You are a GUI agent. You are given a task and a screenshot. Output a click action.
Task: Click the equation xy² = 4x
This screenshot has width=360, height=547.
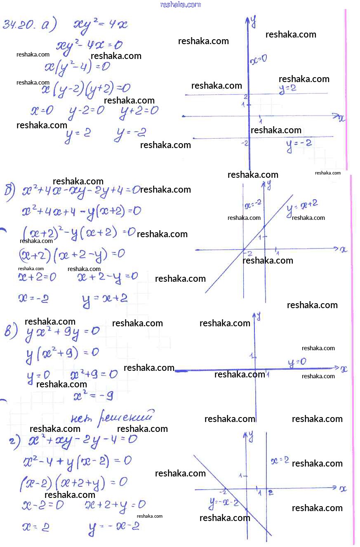tap(101, 24)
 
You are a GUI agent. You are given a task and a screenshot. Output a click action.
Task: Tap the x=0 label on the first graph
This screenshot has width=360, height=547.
tap(259, 60)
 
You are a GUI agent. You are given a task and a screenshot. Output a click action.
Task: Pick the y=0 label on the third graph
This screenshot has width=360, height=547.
tap(297, 363)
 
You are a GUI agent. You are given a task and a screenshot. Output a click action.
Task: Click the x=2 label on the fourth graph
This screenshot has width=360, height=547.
tap(280, 460)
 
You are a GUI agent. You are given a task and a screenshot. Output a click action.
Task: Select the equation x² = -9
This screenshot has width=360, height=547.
tap(93, 396)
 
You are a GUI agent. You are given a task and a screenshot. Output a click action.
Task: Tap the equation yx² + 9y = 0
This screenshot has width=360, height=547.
tap(63, 331)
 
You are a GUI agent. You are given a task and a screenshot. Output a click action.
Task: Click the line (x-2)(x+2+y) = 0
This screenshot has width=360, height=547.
tap(73, 482)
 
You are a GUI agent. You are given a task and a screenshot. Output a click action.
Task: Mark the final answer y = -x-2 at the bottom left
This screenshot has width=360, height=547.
tap(114, 527)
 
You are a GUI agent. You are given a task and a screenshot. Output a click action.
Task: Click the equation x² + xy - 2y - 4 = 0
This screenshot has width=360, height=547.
tap(82, 440)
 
